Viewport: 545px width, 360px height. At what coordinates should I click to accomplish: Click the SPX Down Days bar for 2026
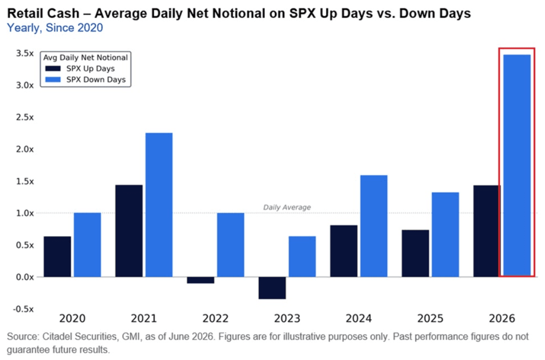click(517, 166)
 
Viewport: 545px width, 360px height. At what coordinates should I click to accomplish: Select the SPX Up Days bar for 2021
click(129, 231)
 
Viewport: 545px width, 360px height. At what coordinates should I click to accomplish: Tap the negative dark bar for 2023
click(272, 288)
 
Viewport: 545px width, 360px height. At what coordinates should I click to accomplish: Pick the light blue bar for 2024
click(374, 226)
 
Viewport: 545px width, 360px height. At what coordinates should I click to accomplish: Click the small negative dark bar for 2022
click(200, 280)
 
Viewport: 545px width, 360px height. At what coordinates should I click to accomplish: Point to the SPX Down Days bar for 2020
click(87, 245)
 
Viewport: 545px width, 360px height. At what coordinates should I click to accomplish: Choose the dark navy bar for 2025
click(415, 254)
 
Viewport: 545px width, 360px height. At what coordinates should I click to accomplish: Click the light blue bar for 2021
click(159, 205)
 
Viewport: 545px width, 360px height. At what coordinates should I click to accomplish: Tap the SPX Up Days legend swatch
click(53, 68)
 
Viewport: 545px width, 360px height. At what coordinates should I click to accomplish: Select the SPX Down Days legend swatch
click(53, 80)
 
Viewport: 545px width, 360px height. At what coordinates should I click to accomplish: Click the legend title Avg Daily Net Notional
click(85, 57)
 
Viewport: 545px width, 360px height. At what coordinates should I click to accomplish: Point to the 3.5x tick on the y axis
click(25, 53)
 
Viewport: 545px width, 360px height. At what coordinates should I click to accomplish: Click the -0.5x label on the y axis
click(24, 309)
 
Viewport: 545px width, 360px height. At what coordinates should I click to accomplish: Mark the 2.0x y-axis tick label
click(25, 149)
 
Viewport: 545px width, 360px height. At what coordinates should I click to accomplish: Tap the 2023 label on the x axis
click(287, 318)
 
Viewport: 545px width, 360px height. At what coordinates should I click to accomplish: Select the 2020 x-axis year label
click(72, 318)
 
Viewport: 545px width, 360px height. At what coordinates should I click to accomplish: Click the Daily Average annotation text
click(287, 207)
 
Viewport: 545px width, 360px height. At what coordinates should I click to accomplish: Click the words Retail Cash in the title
click(44, 14)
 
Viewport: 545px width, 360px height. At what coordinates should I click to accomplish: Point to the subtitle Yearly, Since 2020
click(55, 28)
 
